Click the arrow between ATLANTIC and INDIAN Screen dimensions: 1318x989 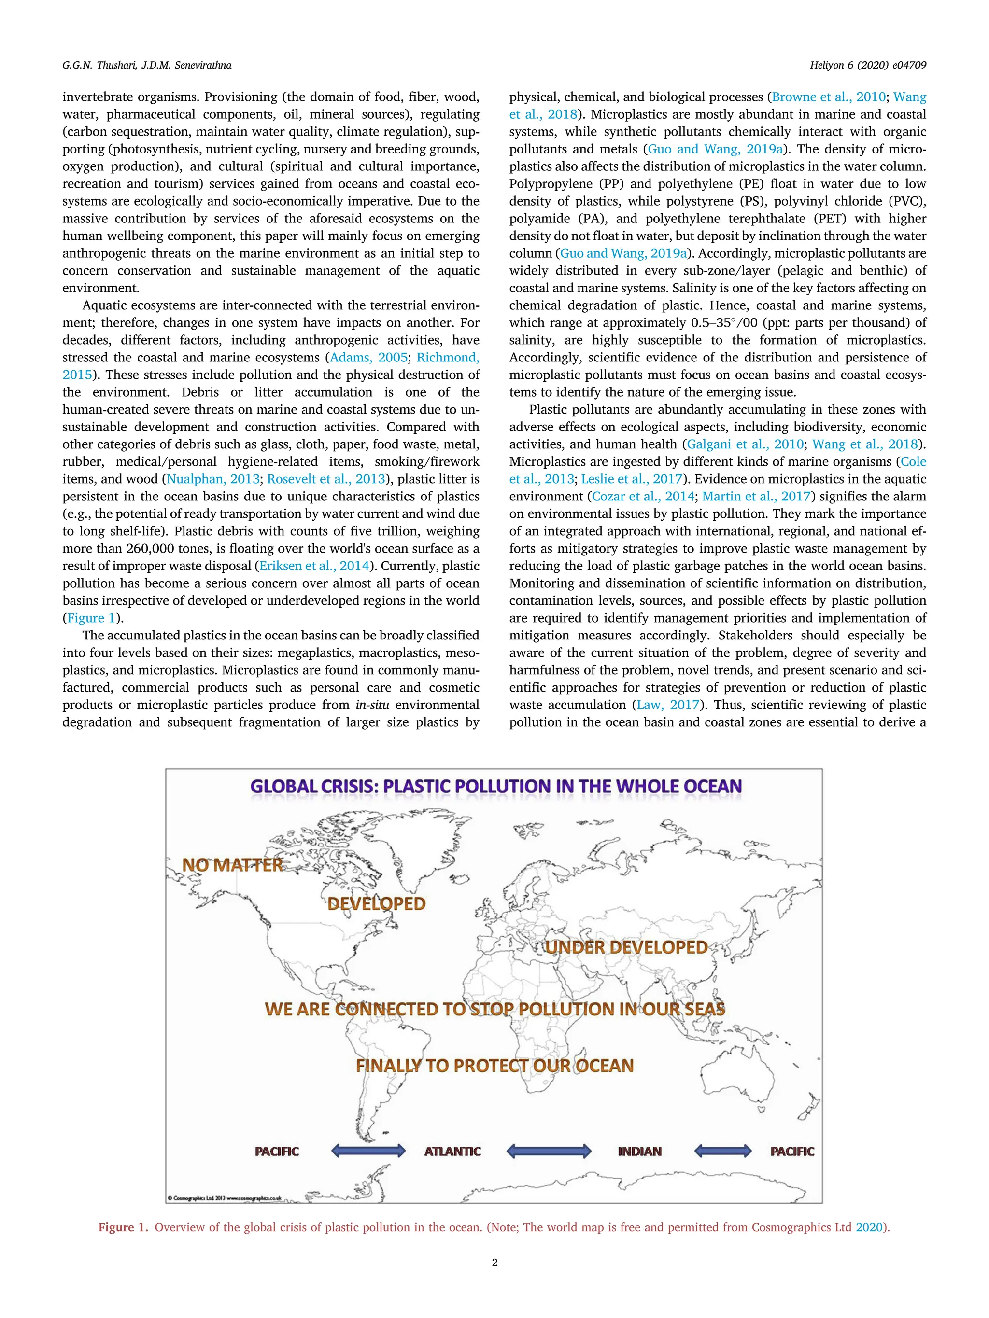pos(549,1151)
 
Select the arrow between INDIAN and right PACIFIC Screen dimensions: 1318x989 pos(723,1151)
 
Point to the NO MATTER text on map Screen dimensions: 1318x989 pos(232,865)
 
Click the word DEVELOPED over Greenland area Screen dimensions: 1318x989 pos(377,904)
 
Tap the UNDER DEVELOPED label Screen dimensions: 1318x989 pos(626,948)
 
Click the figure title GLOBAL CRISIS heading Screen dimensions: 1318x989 pos(495,787)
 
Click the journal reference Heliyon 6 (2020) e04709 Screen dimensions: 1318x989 pos(867,66)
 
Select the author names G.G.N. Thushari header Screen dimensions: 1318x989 pos(147,66)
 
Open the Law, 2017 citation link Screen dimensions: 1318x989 pos(668,705)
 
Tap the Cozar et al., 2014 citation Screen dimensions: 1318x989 pos(643,496)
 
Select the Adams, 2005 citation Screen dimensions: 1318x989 pos(368,358)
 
